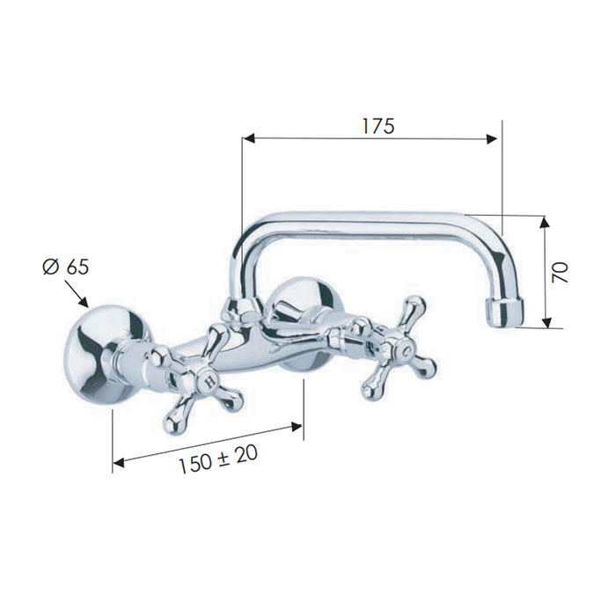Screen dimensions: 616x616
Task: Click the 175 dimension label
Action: click(378, 126)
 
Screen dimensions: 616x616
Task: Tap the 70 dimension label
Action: click(560, 272)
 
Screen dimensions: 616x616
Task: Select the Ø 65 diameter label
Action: click(66, 268)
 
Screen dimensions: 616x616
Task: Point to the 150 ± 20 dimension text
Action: click(218, 458)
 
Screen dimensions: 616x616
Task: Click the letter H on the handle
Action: click(210, 380)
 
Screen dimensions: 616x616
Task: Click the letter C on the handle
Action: click(408, 348)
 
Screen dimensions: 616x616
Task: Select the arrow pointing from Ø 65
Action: click(77, 293)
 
